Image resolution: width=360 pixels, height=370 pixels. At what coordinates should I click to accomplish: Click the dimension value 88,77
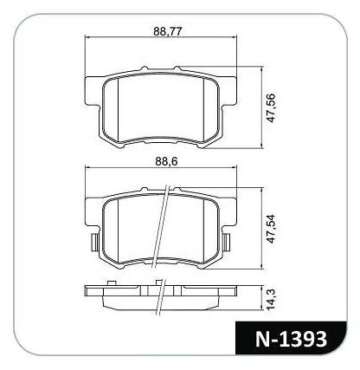click(x=168, y=31)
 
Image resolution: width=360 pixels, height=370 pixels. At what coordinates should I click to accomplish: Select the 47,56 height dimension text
click(x=271, y=107)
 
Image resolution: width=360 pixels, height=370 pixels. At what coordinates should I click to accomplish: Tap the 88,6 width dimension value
click(x=166, y=162)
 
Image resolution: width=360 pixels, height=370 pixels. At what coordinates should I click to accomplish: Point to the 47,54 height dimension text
click(x=271, y=229)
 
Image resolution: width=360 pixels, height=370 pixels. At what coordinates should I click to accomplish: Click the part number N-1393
click(x=292, y=339)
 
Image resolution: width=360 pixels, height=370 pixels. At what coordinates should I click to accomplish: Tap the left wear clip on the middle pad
click(x=94, y=242)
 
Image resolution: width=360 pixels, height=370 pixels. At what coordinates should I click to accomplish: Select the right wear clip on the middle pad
click(x=227, y=242)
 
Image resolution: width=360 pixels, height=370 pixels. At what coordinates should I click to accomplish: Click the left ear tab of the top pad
click(x=93, y=91)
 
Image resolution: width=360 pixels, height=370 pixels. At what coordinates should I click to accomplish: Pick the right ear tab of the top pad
click(x=228, y=91)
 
